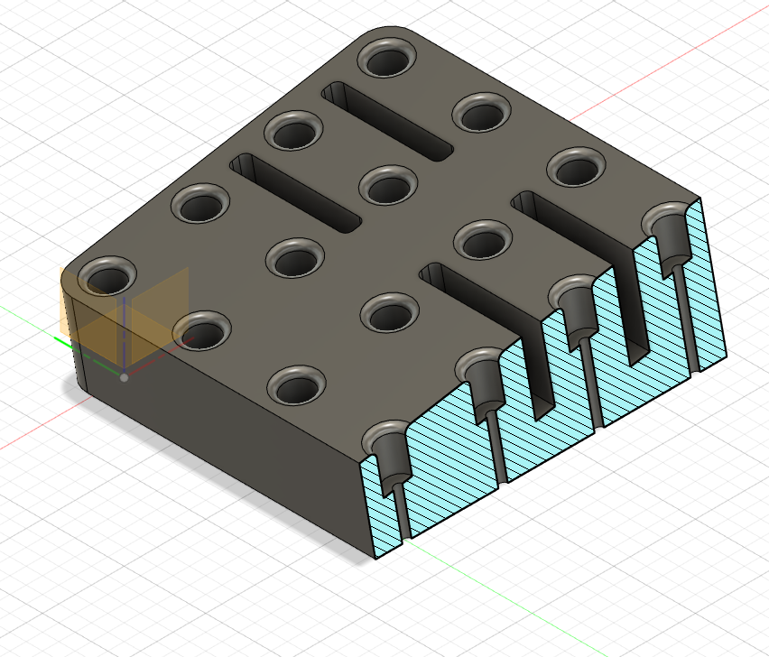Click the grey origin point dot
(x=124, y=377)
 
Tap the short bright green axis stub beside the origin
(x=63, y=341)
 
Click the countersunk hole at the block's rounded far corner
(x=388, y=60)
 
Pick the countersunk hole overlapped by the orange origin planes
(x=106, y=275)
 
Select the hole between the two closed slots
(x=388, y=188)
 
